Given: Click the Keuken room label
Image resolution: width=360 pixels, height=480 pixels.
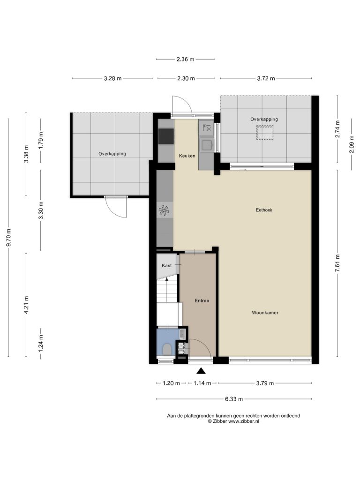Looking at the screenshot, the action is tap(187, 156).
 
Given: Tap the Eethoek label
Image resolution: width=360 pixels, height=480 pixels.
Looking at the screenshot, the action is tap(264, 210).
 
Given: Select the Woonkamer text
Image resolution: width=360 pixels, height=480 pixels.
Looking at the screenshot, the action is tap(265, 313).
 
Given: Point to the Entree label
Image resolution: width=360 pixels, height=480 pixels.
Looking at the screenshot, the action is tap(202, 300).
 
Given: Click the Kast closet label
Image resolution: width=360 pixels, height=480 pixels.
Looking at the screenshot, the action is tap(167, 265).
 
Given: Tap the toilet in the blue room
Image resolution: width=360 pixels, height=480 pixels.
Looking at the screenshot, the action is tap(167, 349).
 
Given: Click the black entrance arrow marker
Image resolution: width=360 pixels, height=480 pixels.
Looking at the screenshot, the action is tap(201, 371).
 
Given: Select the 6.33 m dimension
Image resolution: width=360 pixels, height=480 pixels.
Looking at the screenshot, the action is tap(234, 399).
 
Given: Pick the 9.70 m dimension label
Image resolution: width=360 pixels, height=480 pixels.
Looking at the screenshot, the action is tap(9, 237).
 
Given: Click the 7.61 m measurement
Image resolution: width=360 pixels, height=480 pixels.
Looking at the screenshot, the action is tap(337, 263).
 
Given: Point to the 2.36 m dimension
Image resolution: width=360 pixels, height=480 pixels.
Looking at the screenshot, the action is tap(185, 60).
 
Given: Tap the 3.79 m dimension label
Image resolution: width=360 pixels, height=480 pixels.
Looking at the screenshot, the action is tap(265, 383).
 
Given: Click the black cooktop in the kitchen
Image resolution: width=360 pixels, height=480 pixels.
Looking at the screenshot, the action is tap(166, 136).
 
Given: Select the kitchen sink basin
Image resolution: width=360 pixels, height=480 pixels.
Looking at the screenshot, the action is tap(207, 145).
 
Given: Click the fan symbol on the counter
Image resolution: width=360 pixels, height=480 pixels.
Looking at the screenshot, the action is tap(165, 210).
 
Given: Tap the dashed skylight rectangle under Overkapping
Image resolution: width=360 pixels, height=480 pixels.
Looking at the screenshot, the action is tap(265, 133).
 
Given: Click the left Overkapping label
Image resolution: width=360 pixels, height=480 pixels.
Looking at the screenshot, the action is tap(112, 154).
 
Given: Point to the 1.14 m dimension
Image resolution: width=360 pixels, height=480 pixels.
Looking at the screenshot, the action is tap(202, 383).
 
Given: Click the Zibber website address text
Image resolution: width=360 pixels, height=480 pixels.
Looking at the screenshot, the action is tap(244, 421).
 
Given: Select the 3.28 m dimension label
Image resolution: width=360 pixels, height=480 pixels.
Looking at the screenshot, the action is tap(112, 78).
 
